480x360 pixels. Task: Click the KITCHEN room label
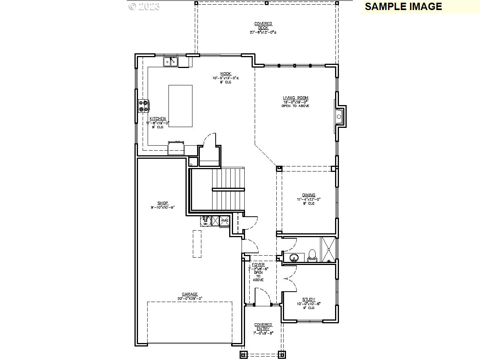pos(158,119)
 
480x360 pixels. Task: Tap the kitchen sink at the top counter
pos(170,61)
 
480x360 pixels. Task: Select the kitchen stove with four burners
pos(144,106)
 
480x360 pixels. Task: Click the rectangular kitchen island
pos(180,106)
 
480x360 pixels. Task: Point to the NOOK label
pos(226,74)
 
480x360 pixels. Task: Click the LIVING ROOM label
pos(296,98)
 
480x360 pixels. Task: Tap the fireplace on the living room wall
pos(339,116)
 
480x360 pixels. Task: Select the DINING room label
pos(308,195)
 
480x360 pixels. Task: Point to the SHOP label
pos(163,203)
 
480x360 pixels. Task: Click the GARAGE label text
pos(190,294)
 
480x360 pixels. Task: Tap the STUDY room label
pos(308,299)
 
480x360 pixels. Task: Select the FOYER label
pos(258,265)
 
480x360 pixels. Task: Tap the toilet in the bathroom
pos(312,255)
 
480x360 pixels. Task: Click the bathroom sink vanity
pos(294,257)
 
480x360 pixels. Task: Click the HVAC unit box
pos(225,221)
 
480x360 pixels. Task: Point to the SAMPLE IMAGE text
pos(403,7)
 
